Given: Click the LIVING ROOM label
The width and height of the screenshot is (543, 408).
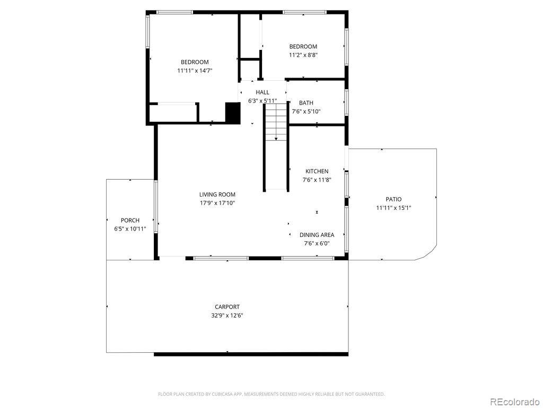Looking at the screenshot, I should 217,194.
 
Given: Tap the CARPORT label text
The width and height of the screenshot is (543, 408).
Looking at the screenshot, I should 227,307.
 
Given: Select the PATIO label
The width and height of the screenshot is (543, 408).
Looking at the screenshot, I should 393,199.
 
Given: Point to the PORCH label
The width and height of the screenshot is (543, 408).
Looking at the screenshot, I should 130,220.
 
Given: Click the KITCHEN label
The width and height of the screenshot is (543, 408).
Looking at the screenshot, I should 317,171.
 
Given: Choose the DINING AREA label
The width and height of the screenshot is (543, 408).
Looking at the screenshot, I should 317,235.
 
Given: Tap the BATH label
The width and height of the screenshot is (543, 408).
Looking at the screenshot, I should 306,103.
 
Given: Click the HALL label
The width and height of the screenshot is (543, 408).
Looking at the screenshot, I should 262,92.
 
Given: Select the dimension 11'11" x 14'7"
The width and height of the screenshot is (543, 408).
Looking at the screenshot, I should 195,71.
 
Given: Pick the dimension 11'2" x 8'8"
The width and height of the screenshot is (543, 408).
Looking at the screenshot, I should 303,55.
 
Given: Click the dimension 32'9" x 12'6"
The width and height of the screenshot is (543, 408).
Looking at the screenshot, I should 227,315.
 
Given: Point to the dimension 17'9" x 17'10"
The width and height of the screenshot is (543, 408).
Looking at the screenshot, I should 217,203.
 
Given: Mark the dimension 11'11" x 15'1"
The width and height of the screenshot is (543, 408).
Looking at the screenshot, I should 393,208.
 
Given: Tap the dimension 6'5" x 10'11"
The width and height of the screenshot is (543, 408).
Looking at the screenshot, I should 130,229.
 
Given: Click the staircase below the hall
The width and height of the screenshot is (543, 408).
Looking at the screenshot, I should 276,122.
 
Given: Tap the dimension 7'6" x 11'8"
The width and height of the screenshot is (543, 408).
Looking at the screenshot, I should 317,180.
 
